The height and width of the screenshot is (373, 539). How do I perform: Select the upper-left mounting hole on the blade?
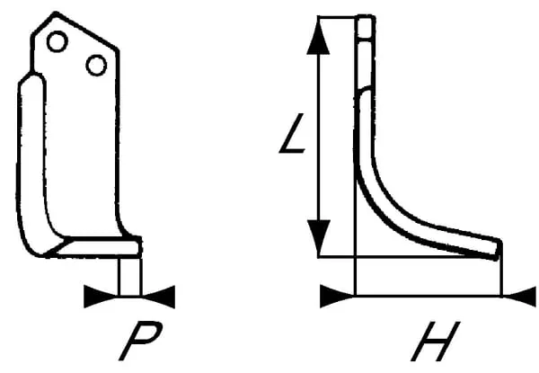(x=57, y=40)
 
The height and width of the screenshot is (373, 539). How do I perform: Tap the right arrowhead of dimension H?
(x=518, y=295)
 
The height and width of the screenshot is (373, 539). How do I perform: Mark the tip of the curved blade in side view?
(x=495, y=247)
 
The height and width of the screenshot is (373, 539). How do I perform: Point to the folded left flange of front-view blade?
(x=28, y=162)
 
